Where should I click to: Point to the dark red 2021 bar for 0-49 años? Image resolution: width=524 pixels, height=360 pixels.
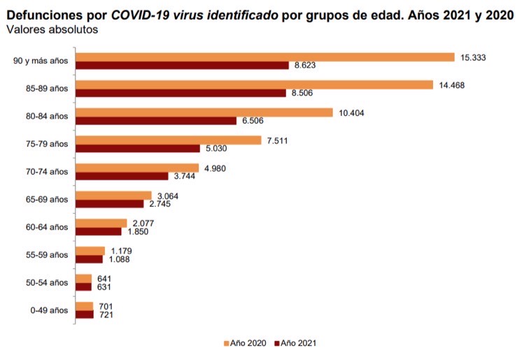[84, 315]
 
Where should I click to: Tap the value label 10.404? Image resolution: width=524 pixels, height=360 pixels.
[352, 112]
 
